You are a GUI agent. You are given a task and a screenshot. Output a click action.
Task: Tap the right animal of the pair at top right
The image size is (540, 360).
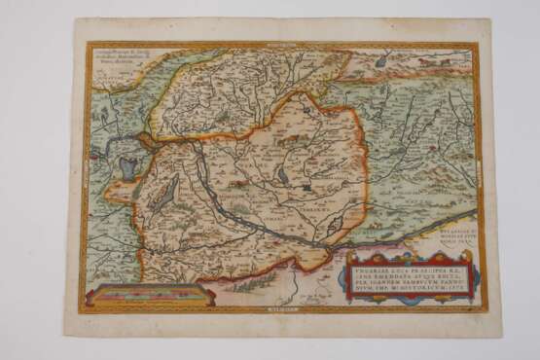[443, 62]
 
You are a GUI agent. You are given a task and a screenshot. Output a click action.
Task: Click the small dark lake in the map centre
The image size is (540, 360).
[283, 176]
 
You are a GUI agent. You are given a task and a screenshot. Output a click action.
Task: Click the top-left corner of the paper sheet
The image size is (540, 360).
[76, 20]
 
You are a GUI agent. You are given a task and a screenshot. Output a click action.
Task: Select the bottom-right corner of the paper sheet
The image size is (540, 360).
[500, 334]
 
